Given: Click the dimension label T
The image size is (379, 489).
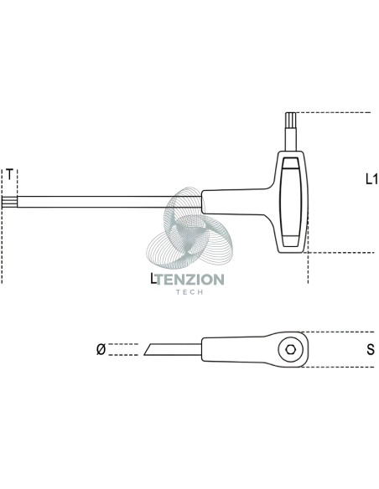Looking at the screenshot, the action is (x=10, y=174).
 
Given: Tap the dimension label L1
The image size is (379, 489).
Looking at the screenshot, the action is (x=371, y=179).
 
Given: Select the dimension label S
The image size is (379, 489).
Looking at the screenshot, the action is (x=371, y=350).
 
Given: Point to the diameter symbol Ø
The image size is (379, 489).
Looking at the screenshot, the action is (x=101, y=349).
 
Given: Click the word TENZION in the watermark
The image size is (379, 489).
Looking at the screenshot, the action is (x=189, y=280).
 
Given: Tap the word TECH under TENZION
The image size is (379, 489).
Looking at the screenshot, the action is (x=189, y=292).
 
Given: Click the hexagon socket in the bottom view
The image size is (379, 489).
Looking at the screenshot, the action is (x=291, y=350).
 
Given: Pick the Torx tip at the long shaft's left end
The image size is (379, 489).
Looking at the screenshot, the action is (x=10, y=202).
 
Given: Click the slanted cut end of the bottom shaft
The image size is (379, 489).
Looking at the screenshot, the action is (x=148, y=350).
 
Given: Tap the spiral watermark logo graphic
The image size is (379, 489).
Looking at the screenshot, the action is (x=189, y=228).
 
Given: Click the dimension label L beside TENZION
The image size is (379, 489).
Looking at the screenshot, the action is (x=153, y=279).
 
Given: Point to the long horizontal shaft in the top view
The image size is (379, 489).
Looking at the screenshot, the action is (x=109, y=202).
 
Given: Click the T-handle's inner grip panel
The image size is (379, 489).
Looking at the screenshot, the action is (x=291, y=202).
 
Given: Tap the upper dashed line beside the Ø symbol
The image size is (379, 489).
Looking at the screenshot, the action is (x=123, y=344).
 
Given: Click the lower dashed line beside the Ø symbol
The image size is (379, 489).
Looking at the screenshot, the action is (x=123, y=355).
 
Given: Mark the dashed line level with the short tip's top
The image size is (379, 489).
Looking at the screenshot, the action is (x=334, y=112).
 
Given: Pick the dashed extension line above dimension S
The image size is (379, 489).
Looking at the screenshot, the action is (x=337, y=332).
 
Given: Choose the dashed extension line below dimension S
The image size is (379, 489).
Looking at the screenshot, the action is (x=337, y=367).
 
